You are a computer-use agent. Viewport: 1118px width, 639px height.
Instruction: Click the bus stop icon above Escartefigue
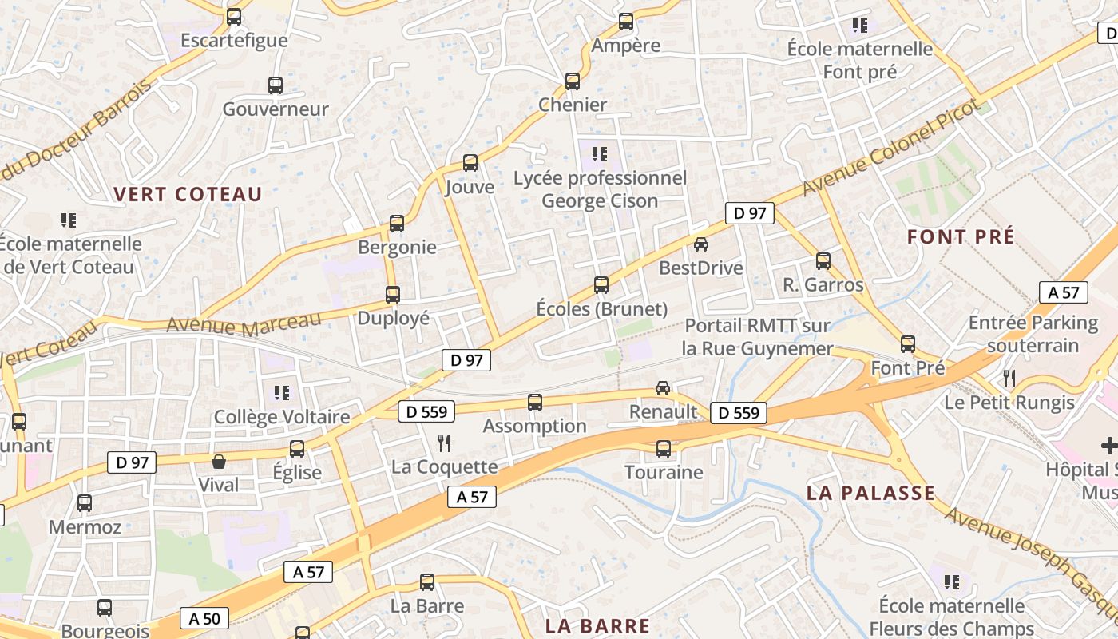[x=234, y=16]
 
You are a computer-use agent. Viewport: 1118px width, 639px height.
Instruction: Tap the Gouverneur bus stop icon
[x=276, y=85]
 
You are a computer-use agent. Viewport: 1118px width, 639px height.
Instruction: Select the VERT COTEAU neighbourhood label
[x=188, y=194]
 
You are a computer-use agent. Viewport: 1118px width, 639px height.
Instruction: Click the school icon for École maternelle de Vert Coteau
[x=69, y=220]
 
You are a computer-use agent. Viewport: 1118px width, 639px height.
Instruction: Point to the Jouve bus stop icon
[x=470, y=163]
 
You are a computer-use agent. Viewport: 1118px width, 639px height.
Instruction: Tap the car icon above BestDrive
[x=701, y=244]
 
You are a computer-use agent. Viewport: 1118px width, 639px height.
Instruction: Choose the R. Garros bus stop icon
[x=823, y=260]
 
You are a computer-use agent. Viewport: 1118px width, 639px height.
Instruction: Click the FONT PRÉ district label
[x=961, y=236]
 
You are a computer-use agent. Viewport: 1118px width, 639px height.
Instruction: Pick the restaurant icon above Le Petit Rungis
[x=1009, y=378]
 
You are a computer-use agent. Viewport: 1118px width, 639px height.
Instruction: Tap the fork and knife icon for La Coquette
[x=445, y=443]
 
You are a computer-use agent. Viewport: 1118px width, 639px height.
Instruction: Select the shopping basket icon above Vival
[x=218, y=462]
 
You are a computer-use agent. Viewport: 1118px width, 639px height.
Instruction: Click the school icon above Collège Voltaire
[x=282, y=392]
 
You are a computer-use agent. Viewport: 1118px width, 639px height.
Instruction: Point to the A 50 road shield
[x=204, y=617]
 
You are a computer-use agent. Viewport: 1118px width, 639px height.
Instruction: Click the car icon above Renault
[x=663, y=387]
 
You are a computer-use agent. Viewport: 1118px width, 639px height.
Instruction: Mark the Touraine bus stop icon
[x=664, y=448]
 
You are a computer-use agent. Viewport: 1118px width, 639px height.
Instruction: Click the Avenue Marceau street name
[x=244, y=323]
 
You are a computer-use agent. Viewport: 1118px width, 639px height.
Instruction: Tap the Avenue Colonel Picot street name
[x=890, y=148]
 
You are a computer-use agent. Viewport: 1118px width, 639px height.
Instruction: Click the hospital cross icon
[x=1109, y=446]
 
